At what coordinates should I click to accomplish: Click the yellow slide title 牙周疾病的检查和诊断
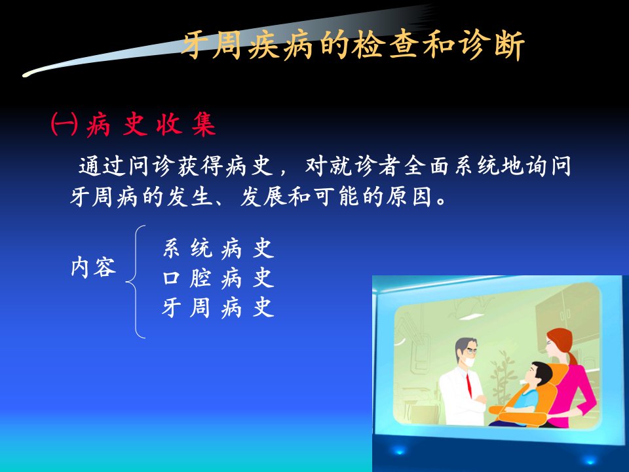click(x=353, y=45)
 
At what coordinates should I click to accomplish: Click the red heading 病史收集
click(x=151, y=124)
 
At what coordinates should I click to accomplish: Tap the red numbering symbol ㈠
click(x=64, y=124)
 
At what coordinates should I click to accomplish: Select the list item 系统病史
click(x=218, y=248)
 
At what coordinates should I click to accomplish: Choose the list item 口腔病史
click(x=218, y=278)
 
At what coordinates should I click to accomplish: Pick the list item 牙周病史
click(x=218, y=307)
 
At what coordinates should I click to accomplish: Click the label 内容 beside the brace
click(x=94, y=267)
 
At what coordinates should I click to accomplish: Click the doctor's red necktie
click(x=468, y=385)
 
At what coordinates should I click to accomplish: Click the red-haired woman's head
click(x=559, y=342)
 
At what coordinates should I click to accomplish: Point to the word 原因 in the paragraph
click(x=409, y=197)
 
